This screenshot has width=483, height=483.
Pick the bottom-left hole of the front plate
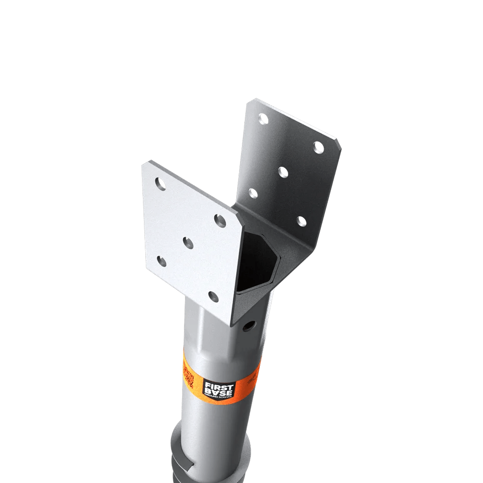pyautogui.click(x=162, y=262)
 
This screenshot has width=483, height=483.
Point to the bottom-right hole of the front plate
pyautogui.click(x=213, y=296)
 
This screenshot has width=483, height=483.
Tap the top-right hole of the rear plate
pyautogui.click(x=318, y=147)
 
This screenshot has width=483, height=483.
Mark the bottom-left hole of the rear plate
pyautogui.click(x=253, y=193)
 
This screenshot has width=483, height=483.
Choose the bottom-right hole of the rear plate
pyautogui.click(x=301, y=221)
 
